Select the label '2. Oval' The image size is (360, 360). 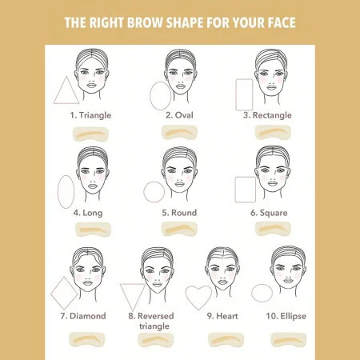[179, 115]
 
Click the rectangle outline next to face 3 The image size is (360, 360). [236, 94]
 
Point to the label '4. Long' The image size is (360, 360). [88, 213]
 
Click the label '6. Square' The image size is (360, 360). [269, 213]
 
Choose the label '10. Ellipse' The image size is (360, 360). [286, 316]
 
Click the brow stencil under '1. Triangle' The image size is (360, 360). [90, 134]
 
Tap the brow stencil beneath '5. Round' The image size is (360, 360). [179, 230]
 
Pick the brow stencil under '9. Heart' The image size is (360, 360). [226, 340]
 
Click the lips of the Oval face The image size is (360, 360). [180, 86]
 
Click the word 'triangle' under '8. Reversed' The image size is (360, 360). [154, 326]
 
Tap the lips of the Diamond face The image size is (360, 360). [88, 282]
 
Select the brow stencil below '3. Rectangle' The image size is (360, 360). [273, 132]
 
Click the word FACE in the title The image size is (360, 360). [282, 22]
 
